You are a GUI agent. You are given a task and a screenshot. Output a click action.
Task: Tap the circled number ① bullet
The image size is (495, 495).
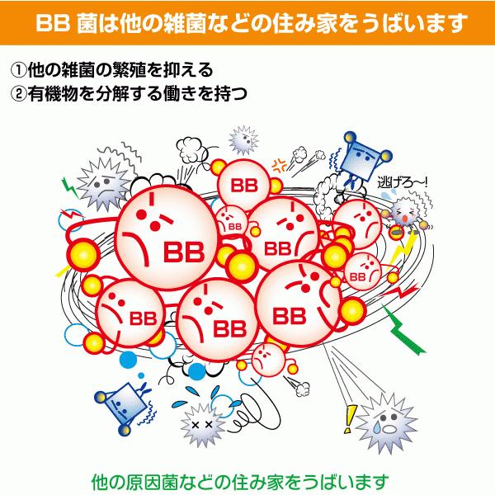pos(17,68)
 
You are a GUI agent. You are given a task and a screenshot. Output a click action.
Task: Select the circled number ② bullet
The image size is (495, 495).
pos(17,92)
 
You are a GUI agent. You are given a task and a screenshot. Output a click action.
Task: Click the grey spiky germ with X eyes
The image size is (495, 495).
pos(201,422)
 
